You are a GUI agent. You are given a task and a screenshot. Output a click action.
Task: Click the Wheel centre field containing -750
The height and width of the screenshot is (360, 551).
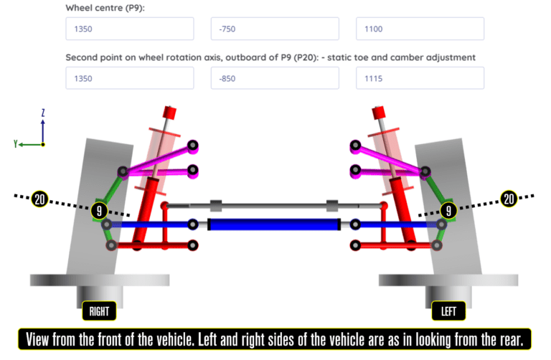pyautogui.click(x=275, y=29)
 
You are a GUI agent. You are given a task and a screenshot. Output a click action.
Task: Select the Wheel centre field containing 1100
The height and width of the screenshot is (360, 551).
pyautogui.click(x=420, y=29)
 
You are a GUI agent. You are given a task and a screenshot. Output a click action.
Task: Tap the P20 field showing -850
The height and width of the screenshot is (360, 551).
pyautogui.click(x=275, y=78)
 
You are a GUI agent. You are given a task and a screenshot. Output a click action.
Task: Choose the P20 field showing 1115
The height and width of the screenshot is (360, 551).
pyautogui.click(x=420, y=78)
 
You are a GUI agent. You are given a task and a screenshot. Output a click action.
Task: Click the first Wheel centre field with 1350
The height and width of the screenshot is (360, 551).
pyautogui.click(x=129, y=29)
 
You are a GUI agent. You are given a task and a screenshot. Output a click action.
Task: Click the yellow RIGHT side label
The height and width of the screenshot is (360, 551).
pyautogui.click(x=99, y=311)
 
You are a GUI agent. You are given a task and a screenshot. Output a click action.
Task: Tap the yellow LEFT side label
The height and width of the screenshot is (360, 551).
pyautogui.click(x=448, y=311)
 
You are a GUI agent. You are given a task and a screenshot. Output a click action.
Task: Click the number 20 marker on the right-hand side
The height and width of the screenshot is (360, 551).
pyautogui.click(x=509, y=199)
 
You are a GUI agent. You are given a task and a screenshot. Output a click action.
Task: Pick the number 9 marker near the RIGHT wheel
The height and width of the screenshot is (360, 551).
pyautogui.click(x=99, y=211)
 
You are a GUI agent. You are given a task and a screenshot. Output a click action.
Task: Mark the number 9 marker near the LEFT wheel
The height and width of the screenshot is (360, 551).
pyautogui.click(x=448, y=210)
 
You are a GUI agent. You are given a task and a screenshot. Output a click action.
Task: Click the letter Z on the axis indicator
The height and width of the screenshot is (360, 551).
pyautogui.click(x=43, y=113)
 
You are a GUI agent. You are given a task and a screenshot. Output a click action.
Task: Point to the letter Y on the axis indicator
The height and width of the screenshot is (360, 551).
pyautogui.click(x=15, y=144)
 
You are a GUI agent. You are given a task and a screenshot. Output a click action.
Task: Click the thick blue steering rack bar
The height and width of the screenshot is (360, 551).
pyautogui.click(x=273, y=224)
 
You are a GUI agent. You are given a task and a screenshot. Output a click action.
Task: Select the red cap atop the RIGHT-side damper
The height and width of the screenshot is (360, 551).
pyautogui.click(x=170, y=112)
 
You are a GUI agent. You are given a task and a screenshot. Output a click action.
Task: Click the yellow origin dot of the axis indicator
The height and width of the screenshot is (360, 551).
pyautogui.click(x=43, y=144)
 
